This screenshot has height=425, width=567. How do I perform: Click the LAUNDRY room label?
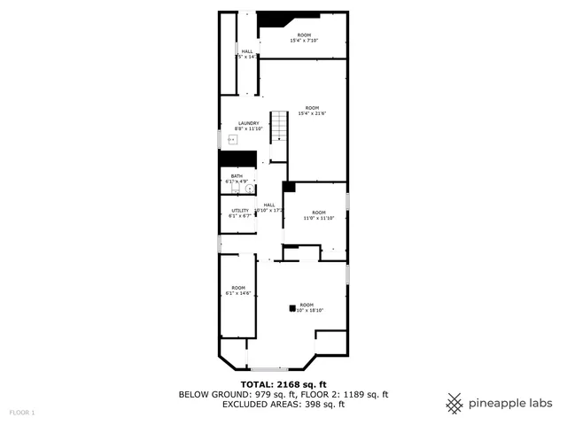[x=248, y=123]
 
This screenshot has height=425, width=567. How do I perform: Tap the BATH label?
[x=237, y=176]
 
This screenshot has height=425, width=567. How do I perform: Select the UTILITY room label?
[x=239, y=210]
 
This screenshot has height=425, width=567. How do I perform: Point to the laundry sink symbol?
[x=232, y=140]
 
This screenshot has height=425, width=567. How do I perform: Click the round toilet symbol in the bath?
[x=249, y=188]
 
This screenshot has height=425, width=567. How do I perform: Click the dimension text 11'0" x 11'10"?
[x=318, y=218]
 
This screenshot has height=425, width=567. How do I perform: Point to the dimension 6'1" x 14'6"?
[x=238, y=293]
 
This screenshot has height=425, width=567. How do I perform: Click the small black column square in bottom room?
[x=291, y=309]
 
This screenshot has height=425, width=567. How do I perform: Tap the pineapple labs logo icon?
[x=454, y=403]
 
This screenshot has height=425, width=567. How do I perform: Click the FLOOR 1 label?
[x=22, y=413]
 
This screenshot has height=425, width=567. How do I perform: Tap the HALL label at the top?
[x=247, y=51]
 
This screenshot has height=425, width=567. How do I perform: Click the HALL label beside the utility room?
[x=268, y=205]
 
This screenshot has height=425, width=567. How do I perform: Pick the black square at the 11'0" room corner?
[x=288, y=187]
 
